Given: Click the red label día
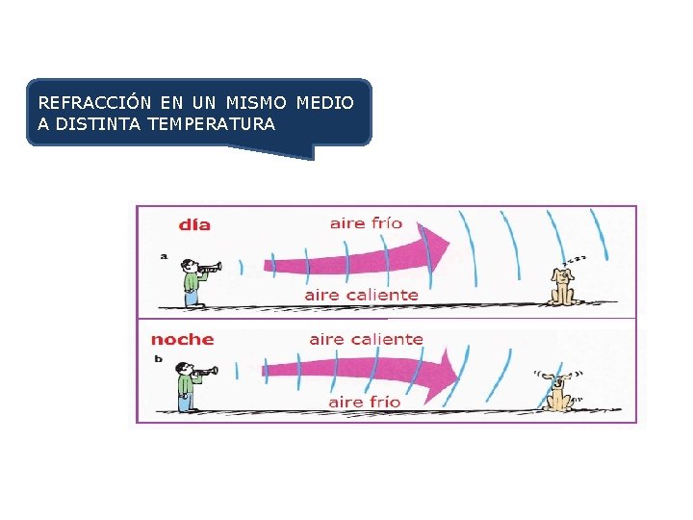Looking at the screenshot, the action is pos(194,224).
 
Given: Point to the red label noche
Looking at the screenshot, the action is pos(182,339).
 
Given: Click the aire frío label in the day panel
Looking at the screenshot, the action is pos(366,223).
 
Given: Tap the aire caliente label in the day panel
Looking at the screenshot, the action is pos(361,295).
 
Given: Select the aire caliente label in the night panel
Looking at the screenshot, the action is pos(366,339).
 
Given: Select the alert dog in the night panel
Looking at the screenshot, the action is pos(556,390).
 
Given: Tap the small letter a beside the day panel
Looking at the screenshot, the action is pos(164,256).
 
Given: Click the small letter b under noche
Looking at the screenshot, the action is pos(158,358).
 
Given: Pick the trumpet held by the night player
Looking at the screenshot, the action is pos(205,370).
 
